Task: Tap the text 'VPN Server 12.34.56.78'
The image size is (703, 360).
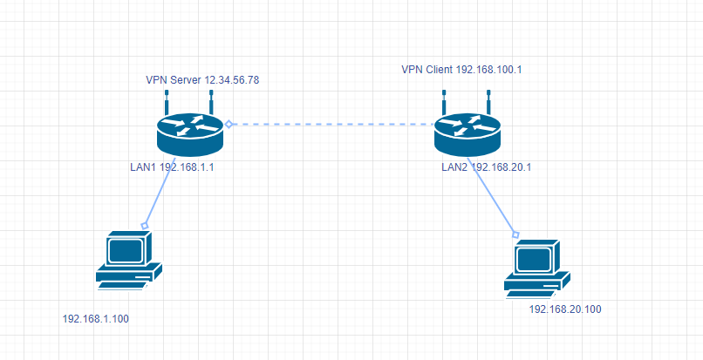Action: pyautogui.click(x=202, y=79)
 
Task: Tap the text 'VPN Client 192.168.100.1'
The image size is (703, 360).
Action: pyautogui.click(x=461, y=68)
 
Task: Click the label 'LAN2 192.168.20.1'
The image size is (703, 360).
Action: pyautogui.click(x=491, y=166)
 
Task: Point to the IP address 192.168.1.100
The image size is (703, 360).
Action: pyautogui.click(x=96, y=319)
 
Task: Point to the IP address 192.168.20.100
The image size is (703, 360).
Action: pyautogui.click(x=566, y=309)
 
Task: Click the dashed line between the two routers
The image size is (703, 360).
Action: pyautogui.click(x=331, y=125)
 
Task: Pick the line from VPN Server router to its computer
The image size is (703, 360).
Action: pyautogui.click(x=161, y=194)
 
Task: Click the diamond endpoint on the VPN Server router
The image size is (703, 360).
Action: pyautogui.click(x=229, y=125)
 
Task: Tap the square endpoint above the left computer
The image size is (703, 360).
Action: pyautogui.click(x=146, y=226)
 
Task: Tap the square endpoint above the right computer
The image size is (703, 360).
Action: pyautogui.click(x=515, y=234)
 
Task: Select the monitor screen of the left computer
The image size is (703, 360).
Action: pyautogui.click(x=125, y=249)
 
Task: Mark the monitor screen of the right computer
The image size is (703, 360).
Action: pyautogui.click(x=533, y=258)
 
